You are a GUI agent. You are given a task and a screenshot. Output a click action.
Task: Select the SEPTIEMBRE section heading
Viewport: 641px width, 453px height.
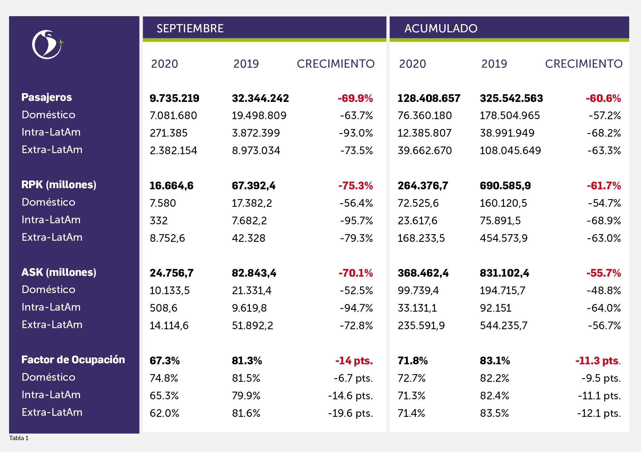[x=190, y=28]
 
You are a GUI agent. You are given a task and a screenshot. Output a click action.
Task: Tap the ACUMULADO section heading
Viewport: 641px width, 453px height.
[x=441, y=28]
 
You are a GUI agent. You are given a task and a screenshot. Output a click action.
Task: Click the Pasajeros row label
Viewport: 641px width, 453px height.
[x=47, y=97]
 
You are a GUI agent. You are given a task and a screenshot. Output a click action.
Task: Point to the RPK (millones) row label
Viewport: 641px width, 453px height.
[x=59, y=185]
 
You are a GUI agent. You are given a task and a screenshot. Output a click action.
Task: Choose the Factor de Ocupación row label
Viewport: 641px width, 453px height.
[x=73, y=360]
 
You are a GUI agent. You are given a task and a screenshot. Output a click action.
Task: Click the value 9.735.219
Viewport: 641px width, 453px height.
[x=175, y=98]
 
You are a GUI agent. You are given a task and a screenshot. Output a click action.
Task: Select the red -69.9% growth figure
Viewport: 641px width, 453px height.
[x=355, y=98]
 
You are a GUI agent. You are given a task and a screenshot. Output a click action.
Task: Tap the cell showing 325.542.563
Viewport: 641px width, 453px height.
[x=511, y=98]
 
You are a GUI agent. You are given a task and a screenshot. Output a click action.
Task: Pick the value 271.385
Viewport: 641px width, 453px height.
[x=169, y=133]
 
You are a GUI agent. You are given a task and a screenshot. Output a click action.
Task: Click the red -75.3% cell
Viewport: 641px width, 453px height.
[x=355, y=186]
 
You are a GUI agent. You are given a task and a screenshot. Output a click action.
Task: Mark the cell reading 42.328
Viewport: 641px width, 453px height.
[x=249, y=238]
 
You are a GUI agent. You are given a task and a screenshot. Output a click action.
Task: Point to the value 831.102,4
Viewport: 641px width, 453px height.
[x=505, y=273]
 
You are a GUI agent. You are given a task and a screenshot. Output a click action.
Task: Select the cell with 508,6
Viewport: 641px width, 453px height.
[x=163, y=308]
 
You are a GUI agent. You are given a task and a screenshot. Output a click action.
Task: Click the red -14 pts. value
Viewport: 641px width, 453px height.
[x=354, y=361]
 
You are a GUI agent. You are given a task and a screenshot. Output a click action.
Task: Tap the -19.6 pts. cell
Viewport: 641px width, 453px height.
[x=351, y=413]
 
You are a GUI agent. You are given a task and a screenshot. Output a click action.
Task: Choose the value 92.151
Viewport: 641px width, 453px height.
[x=495, y=308]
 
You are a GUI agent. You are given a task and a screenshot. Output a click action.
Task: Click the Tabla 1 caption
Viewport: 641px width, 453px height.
[x=19, y=438]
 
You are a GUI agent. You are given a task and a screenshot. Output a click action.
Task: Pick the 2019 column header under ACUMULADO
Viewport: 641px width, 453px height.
[x=494, y=64]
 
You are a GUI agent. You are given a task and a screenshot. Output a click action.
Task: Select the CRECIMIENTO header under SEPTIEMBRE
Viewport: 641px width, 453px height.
[x=336, y=64]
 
